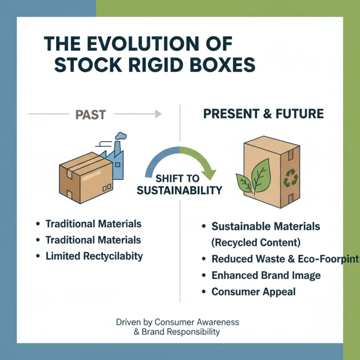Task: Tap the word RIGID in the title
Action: point(149,65)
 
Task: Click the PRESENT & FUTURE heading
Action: point(263,114)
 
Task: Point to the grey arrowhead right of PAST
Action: point(158,114)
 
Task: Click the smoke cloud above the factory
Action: point(120,136)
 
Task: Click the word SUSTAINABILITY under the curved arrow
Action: point(180,190)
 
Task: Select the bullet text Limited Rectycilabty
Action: point(94,256)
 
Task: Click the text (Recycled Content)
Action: point(256,243)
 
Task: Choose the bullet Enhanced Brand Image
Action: point(267,275)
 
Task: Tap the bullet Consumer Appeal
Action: point(253,292)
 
